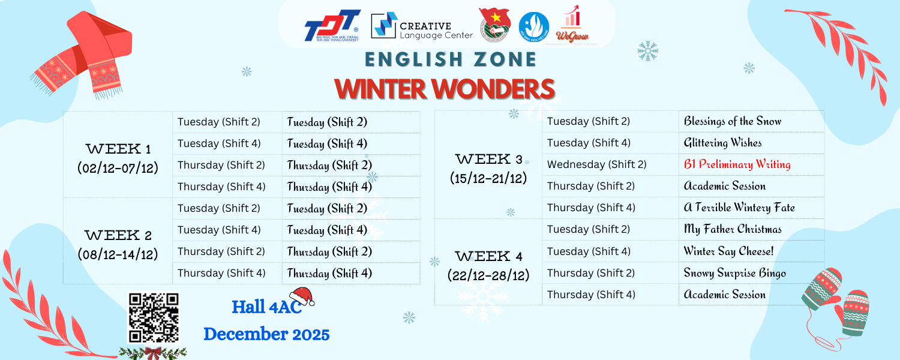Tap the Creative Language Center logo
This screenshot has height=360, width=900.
421,26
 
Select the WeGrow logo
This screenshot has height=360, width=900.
572,24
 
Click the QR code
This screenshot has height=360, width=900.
154,317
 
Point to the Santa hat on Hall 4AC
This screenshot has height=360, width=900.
302,296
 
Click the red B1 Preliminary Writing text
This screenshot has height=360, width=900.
737,164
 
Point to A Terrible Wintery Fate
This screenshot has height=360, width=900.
739,208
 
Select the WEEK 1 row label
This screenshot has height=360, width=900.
118,149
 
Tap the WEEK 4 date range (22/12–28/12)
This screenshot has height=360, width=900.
488,275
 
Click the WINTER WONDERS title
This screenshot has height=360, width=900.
445,89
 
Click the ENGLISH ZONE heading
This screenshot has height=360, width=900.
451,59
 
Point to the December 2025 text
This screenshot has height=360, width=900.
266,334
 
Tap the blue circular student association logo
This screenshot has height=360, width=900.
533,27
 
